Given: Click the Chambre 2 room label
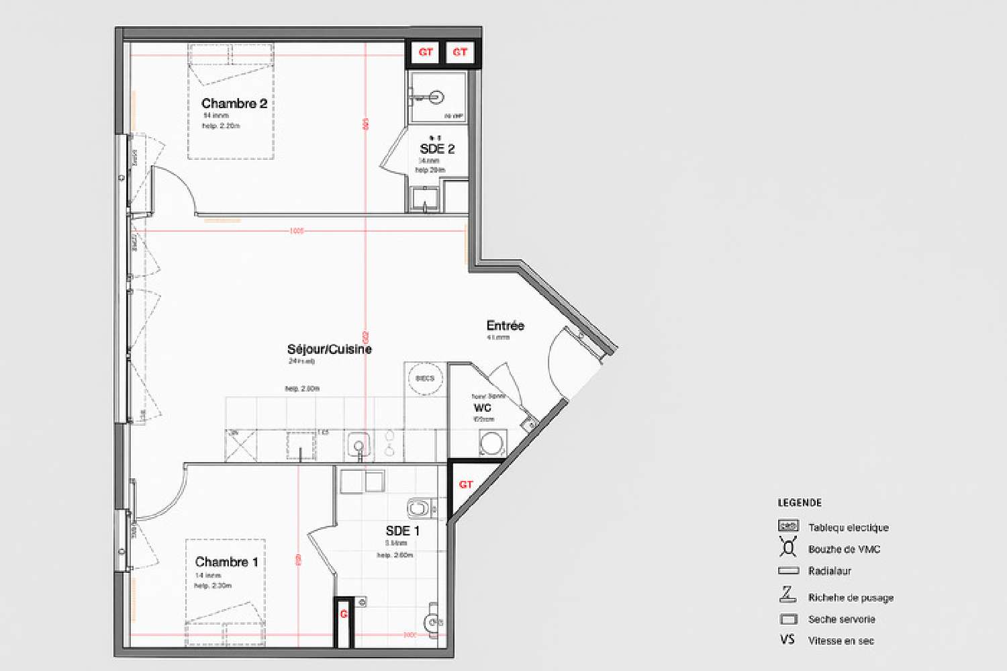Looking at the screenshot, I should click(234, 103).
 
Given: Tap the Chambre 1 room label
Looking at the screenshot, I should click(226, 562).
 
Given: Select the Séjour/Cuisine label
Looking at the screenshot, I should click(329, 349).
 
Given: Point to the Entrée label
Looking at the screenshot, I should click(505, 326).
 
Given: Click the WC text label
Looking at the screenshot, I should click(482, 408).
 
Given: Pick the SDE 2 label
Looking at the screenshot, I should click(437, 149).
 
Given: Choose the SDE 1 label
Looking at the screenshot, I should click(402, 531).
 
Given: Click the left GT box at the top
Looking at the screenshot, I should click(426, 52).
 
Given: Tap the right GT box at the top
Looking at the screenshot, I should click(460, 52).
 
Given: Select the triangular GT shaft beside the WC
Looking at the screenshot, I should click(465, 484).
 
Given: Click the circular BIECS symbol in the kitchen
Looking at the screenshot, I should click(425, 378).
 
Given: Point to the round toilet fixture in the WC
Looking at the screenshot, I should click(491, 444).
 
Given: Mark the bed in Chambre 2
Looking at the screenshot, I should click(230, 101).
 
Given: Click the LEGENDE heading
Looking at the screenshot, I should click(799, 502).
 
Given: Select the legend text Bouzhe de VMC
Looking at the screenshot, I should click(844, 549).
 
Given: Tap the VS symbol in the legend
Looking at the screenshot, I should click(787, 640).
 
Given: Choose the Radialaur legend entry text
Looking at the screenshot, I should click(829, 571).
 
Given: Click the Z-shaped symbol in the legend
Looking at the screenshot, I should click(787, 594).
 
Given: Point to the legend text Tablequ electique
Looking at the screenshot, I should click(848, 528).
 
